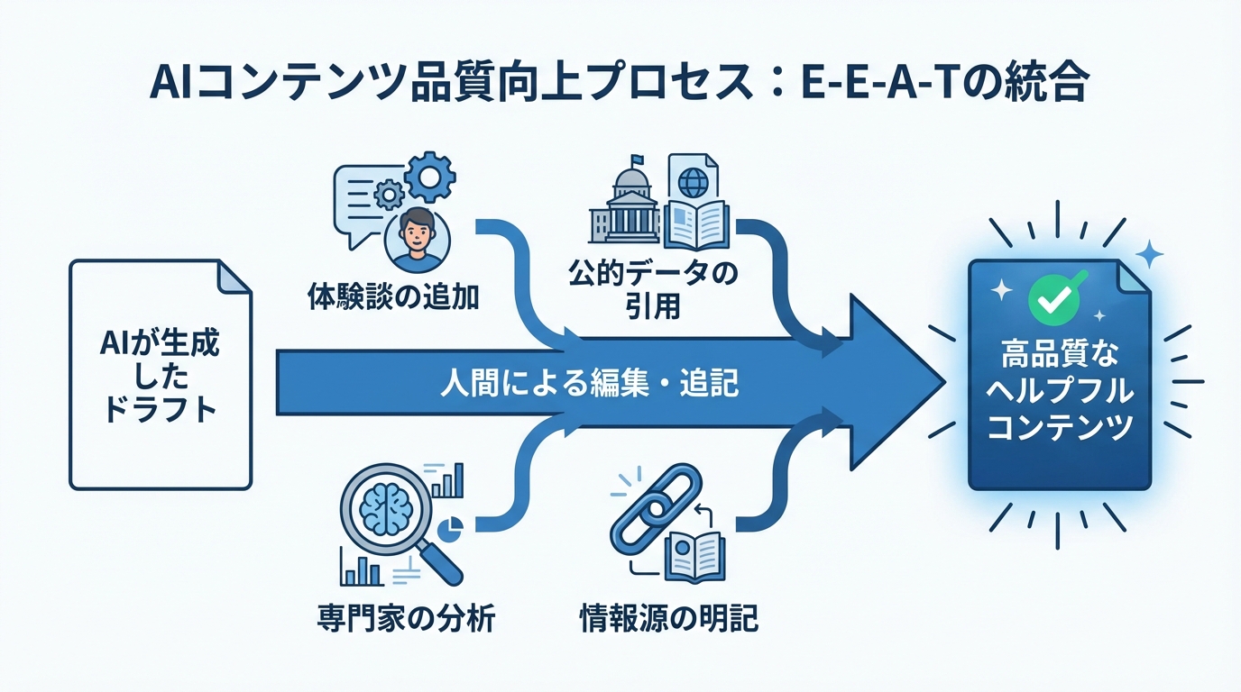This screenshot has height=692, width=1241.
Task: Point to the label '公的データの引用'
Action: coord(652,287)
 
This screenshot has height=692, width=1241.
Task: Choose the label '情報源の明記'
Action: coord(667,619)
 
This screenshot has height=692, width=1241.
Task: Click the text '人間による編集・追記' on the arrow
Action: coord(589,385)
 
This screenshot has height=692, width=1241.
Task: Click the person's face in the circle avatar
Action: coord(415,233)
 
